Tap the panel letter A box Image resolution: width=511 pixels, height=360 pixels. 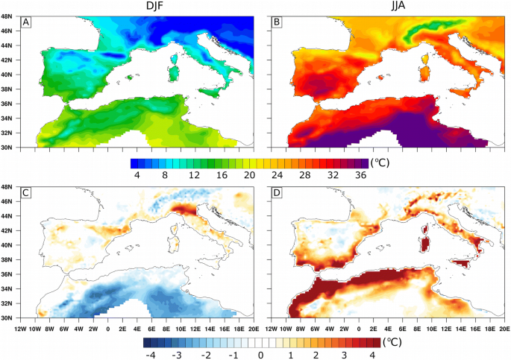[x=27, y=22]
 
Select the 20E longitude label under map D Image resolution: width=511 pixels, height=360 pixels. [x=503, y=326]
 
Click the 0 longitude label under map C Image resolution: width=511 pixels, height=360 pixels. [x=109, y=326]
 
